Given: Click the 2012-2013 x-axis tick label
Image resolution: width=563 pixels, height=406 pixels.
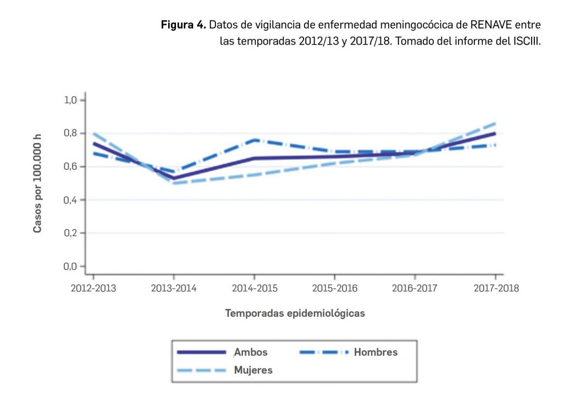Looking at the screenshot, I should (x=93, y=288).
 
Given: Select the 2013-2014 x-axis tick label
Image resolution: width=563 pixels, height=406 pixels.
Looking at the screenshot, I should (x=174, y=288).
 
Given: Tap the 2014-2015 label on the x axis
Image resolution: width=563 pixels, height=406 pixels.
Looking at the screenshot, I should (x=254, y=288).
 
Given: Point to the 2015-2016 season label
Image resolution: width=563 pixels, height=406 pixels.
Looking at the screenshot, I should (x=334, y=288).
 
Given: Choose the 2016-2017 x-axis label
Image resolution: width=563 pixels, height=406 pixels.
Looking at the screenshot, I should (x=415, y=288).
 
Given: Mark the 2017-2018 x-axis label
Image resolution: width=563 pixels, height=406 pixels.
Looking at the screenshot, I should (x=495, y=288).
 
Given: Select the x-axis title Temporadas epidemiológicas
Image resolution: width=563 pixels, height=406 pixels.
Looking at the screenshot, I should (x=295, y=313).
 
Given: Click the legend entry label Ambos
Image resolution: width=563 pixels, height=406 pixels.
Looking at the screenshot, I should (x=251, y=352).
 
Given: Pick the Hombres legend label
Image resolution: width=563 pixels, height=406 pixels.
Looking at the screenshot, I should (x=376, y=352).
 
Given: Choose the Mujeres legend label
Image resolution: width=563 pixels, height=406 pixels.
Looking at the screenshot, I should (x=253, y=370).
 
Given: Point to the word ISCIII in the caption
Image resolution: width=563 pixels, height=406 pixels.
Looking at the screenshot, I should (x=524, y=41).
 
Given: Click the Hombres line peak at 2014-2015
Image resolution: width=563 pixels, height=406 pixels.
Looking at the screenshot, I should (x=254, y=140).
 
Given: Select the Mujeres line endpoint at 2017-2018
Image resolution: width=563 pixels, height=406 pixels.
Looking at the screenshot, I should (x=495, y=123).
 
